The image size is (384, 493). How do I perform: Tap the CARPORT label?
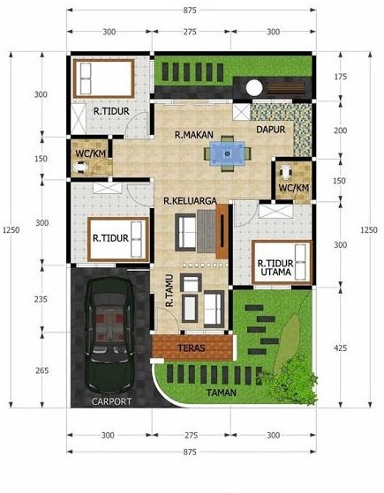coord(111,401)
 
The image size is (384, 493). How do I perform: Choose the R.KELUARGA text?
coord(190,201)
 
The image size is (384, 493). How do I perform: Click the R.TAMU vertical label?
coord(168,291)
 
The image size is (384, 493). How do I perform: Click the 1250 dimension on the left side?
coord(8,230)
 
